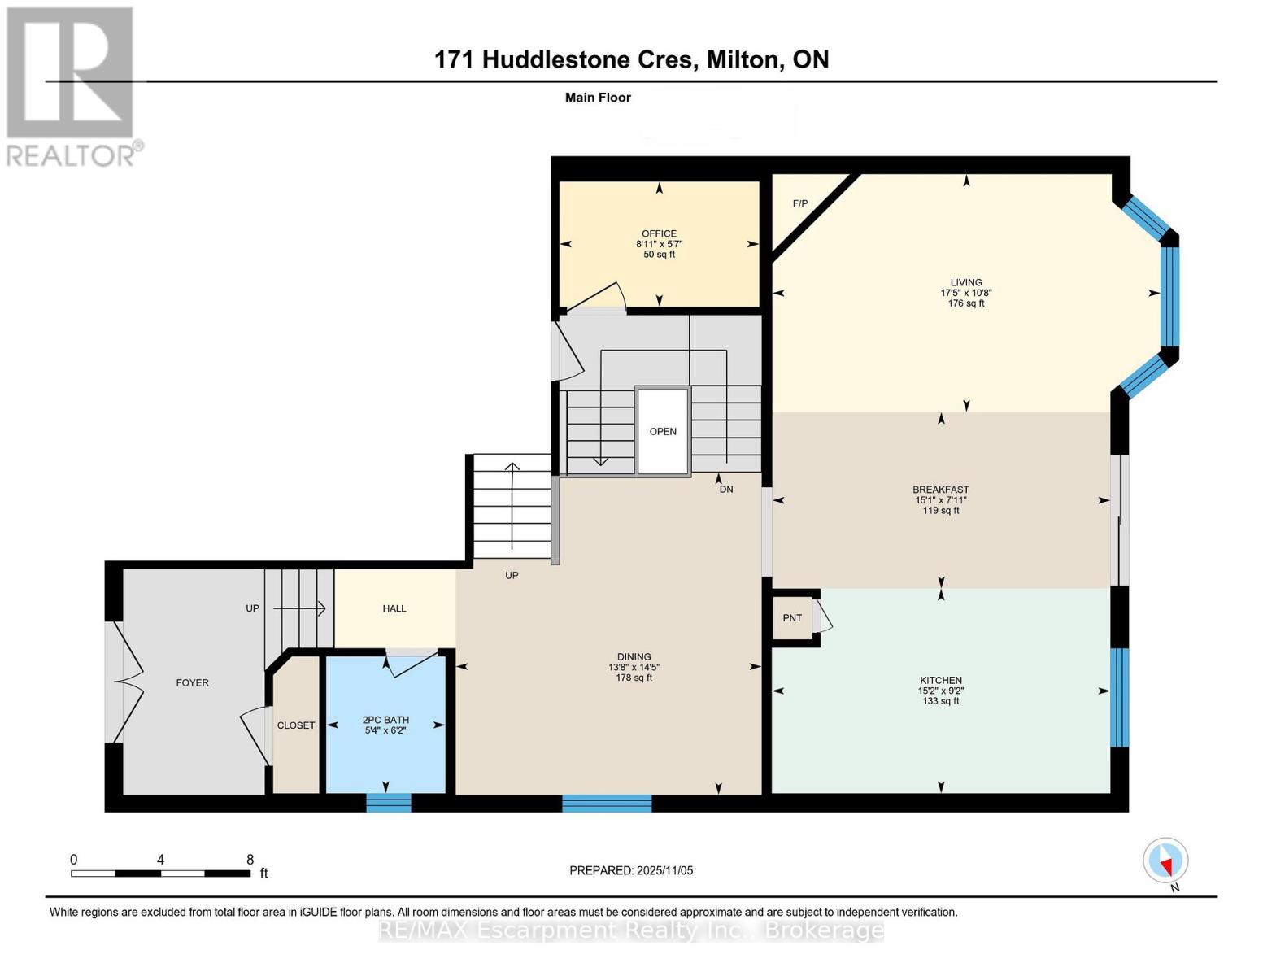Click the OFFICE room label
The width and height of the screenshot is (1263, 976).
point(659,233)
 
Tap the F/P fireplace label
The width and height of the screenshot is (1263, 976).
point(800,203)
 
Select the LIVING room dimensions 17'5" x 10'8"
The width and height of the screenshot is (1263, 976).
point(966,293)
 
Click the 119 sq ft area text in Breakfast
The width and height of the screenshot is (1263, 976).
point(941,511)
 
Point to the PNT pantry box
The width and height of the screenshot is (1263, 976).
point(793,618)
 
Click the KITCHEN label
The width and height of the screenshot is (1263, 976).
point(941,680)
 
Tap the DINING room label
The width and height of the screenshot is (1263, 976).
point(634,656)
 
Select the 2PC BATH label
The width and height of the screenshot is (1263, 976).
point(385,720)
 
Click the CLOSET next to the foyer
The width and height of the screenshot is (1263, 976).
point(296,725)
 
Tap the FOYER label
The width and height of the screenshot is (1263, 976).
point(193,682)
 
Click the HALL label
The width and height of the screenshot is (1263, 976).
point(394,608)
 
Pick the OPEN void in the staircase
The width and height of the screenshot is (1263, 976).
point(663,432)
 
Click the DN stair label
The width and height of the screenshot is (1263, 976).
point(726,490)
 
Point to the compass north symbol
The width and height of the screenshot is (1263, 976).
point(1166,861)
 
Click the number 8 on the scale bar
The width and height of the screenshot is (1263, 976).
point(250,860)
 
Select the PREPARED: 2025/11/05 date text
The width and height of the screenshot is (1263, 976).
point(631,870)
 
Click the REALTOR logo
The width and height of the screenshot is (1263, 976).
point(72,85)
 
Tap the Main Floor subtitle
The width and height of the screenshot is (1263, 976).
point(598,98)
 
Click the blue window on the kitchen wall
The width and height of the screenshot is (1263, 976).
point(1120,697)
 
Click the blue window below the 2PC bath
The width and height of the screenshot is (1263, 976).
point(389,803)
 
